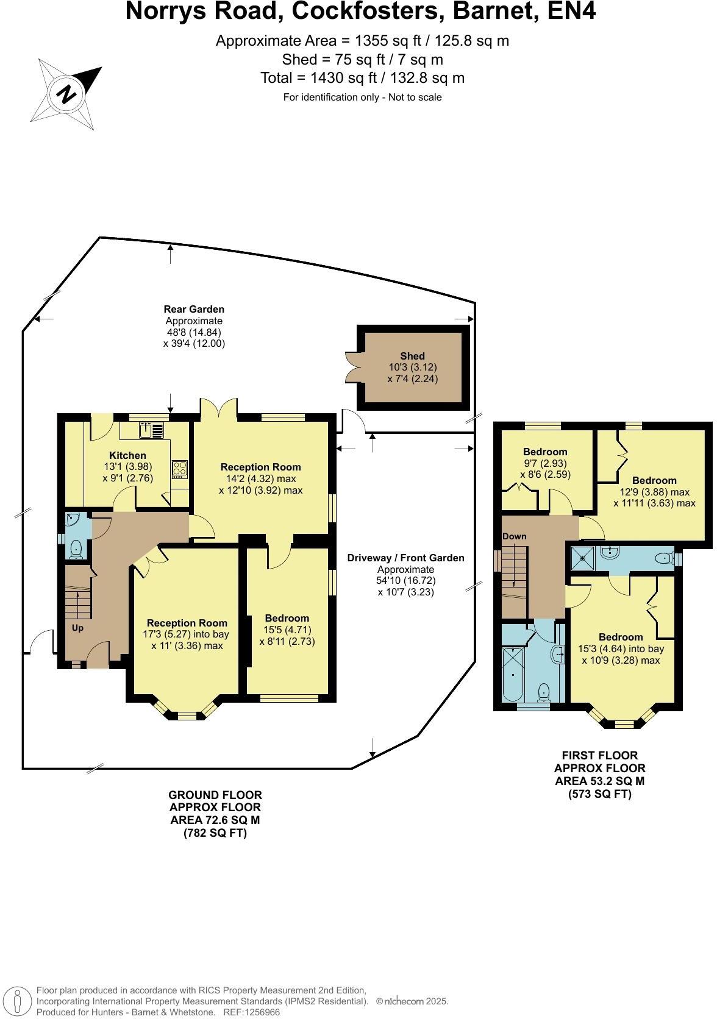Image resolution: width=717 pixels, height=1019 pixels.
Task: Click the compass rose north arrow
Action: click(66, 94)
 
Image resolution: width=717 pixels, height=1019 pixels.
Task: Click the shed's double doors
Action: click(351, 368)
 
